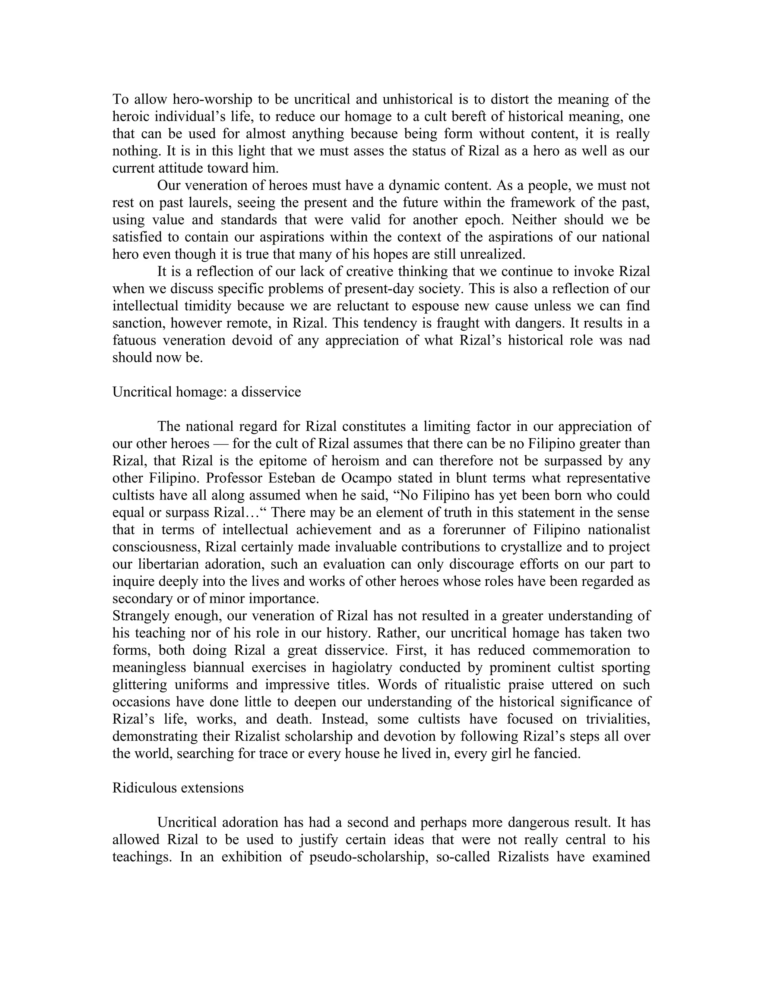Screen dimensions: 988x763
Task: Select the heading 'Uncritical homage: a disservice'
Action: (206, 391)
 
